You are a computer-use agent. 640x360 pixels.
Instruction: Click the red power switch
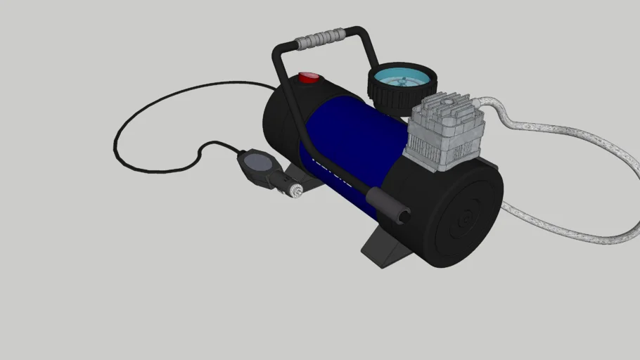click(x=308, y=77)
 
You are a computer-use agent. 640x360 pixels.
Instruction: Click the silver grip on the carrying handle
click(x=321, y=39)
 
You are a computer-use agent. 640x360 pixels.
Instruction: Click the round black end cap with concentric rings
click(x=464, y=219)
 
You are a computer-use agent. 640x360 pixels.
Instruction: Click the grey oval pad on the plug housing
click(x=257, y=162)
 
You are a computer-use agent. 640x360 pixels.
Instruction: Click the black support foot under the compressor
click(x=383, y=246)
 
